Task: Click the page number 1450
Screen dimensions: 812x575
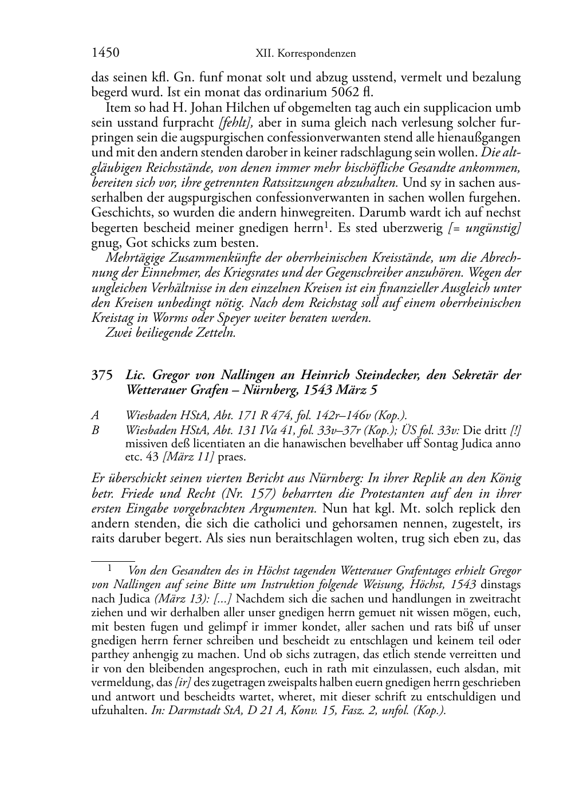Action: (x=105, y=53)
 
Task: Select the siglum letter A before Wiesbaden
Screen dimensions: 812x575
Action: (x=95, y=416)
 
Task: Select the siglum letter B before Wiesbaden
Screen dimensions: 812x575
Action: (x=95, y=429)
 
